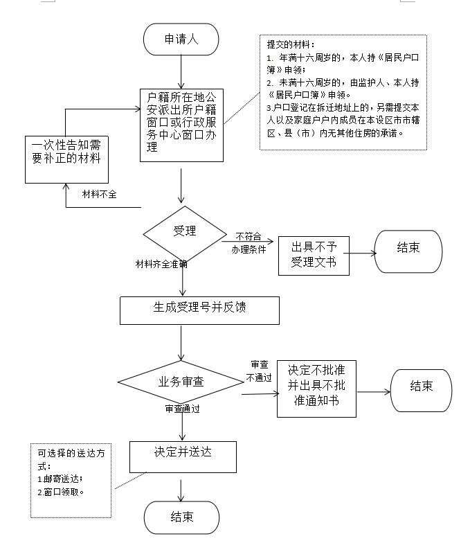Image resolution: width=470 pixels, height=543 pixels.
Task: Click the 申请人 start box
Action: click(181, 39)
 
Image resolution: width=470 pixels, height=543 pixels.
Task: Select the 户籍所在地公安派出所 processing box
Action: click(181, 125)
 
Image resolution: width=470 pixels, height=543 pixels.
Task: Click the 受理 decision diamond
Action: click(184, 231)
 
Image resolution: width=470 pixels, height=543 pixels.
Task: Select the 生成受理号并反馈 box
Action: click(199, 310)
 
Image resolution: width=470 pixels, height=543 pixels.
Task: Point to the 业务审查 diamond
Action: click(181, 382)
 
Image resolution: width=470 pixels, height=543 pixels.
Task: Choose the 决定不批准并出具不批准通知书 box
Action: click(316, 389)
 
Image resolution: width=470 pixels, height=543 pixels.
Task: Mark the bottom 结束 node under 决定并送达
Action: click(181, 517)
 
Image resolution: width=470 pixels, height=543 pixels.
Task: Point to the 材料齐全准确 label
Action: click(161, 264)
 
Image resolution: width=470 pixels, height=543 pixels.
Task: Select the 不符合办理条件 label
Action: click(249, 242)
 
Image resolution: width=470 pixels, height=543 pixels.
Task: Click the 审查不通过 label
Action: click(260, 371)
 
